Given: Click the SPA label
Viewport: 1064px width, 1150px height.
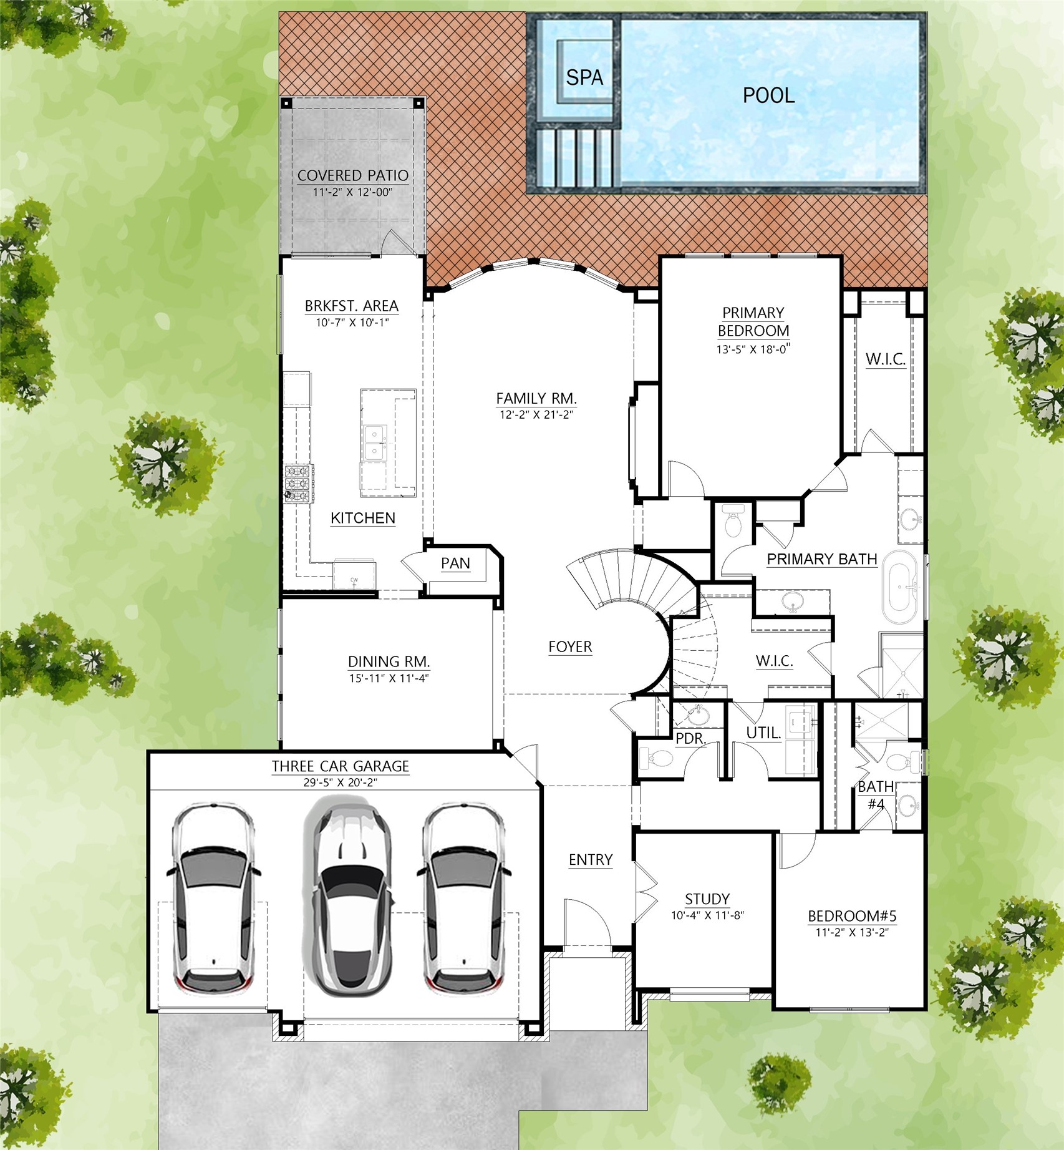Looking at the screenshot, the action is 584,77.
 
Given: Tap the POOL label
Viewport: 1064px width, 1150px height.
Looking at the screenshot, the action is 768,95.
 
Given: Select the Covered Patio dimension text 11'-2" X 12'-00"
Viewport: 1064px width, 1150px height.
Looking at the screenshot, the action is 352,192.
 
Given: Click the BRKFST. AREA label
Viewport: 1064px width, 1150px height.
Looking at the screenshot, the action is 351,306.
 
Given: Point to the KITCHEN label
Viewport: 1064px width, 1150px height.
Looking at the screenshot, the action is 362,518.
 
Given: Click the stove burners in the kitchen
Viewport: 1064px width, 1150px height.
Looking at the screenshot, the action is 299,484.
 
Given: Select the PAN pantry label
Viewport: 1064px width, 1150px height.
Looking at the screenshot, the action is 455,563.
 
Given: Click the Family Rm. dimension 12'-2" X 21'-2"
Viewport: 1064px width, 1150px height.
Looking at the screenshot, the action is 536,414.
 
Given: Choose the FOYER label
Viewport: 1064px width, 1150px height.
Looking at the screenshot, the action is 570,647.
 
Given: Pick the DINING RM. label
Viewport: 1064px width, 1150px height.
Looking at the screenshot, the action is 389,661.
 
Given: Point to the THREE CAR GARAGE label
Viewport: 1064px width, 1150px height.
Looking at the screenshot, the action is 340,766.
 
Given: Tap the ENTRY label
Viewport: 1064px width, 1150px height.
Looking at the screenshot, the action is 591,860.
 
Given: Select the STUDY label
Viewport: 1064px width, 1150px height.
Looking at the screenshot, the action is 707,899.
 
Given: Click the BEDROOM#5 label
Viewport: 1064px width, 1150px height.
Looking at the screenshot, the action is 852,916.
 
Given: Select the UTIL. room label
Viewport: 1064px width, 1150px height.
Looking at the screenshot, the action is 764,733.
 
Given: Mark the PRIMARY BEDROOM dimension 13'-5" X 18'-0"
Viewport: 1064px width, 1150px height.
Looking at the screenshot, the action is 753,349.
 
